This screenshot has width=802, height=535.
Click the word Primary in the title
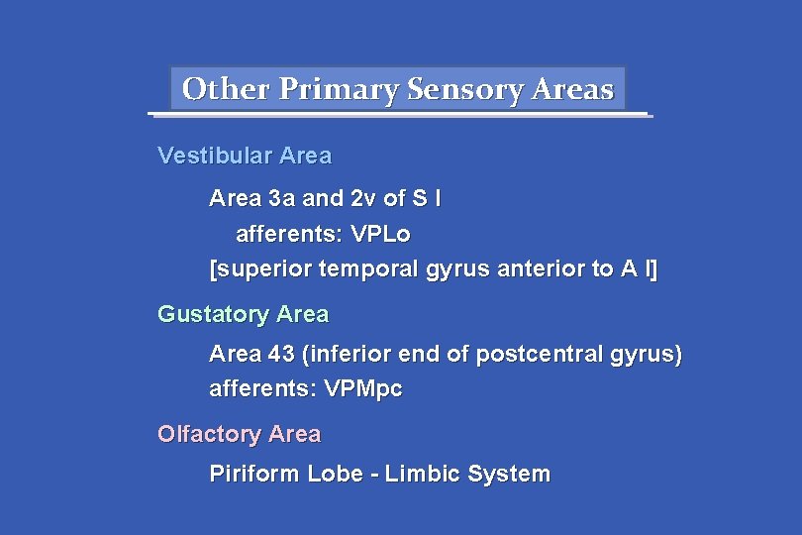pyautogui.click(x=340, y=90)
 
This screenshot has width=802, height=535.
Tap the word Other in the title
pyautogui.click(x=227, y=90)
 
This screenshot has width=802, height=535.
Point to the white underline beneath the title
pyautogui.click(x=400, y=115)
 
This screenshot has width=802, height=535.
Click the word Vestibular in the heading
pyautogui.click(x=215, y=157)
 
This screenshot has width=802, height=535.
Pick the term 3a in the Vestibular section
pyautogui.click(x=281, y=199)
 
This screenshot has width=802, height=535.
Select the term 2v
pyautogui.click(x=363, y=199)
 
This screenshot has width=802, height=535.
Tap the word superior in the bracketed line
pyautogui.click(x=260, y=269)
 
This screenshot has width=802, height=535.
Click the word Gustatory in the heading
pyautogui.click(x=214, y=315)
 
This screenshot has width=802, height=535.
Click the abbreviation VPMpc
pyautogui.click(x=363, y=389)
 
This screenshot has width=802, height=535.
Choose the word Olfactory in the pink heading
pyautogui.click(x=207, y=435)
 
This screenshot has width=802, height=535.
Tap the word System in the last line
pyautogui.click(x=509, y=475)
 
